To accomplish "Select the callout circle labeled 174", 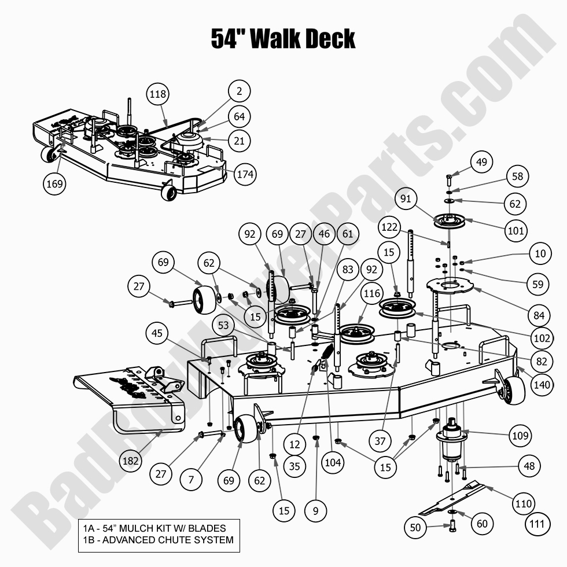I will point(245,174).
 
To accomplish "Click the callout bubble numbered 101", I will point(516,230).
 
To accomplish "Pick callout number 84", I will point(539,315).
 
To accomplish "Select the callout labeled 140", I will point(542,383).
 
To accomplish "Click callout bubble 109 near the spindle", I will point(520,435).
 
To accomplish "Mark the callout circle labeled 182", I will point(131,461).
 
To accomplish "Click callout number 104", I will point(334,462).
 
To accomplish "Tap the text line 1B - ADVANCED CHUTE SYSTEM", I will point(157,540).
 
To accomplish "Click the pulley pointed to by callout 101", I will point(449,221).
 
